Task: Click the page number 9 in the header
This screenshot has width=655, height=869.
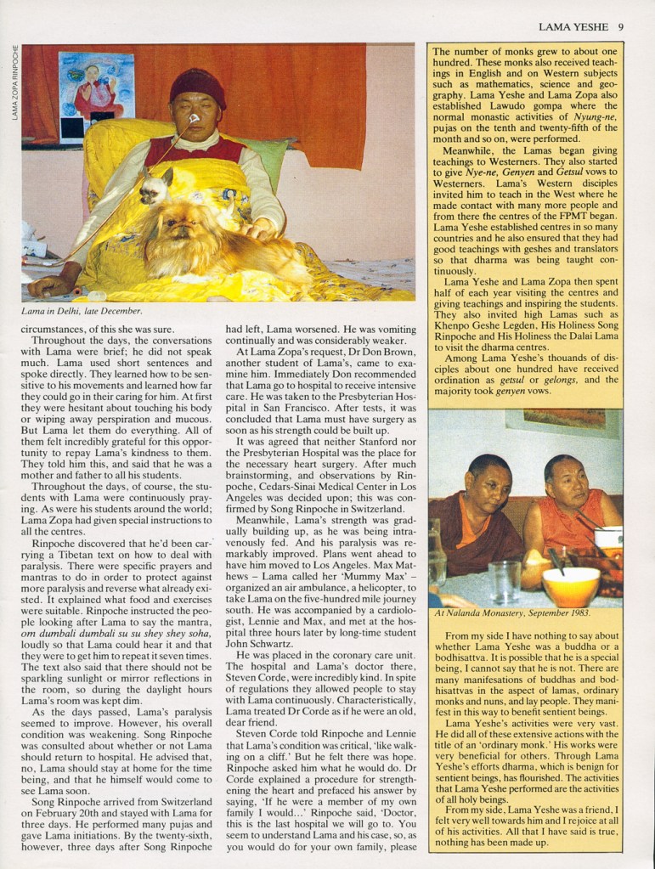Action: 622,27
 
